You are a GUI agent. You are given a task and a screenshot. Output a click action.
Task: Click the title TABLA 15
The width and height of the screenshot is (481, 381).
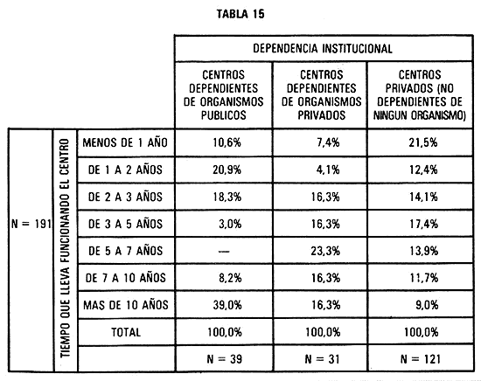click(x=240, y=14)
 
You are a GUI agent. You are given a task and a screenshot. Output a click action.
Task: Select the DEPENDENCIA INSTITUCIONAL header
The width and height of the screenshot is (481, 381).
click(x=323, y=49)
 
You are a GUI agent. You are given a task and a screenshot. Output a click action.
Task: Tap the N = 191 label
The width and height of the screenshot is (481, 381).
click(x=31, y=224)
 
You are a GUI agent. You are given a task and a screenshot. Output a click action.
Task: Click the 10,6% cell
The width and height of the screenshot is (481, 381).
click(x=227, y=142)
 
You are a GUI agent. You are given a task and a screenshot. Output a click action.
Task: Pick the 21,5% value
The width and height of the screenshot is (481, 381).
click(x=423, y=142)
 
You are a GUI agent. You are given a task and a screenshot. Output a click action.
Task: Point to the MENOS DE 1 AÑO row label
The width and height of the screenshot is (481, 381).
click(x=125, y=142)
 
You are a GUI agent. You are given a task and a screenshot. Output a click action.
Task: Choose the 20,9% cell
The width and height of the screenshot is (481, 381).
click(x=227, y=170)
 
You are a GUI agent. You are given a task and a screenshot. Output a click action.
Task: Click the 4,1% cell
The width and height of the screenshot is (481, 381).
click(x=328, y=170)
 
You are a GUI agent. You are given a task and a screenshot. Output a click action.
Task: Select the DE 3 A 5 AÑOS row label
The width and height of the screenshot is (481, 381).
click(x=125, y=224)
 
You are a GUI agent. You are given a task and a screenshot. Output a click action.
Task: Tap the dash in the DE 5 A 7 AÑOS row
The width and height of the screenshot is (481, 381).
click(x=224, y=252)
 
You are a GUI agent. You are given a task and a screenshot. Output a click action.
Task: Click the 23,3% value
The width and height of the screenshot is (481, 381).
click(x=325, y=251)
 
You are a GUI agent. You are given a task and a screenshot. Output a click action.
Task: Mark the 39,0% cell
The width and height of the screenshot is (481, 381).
click(x=227, y=305)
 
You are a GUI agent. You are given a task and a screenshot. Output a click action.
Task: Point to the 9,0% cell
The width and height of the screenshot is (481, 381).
click(x=427, y=305)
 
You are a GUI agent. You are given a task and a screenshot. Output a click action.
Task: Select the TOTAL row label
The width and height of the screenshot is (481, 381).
click(x=126, y=332)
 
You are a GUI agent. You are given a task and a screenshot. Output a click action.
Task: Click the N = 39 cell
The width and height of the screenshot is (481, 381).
click(x=225, y=359)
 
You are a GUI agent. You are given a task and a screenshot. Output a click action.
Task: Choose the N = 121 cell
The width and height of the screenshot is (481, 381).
click(x=421, y=359)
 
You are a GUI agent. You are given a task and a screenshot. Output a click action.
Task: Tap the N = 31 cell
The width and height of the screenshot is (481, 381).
click(x=322, y=359)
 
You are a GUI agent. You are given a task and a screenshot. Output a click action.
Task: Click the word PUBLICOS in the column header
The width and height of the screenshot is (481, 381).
click(x=224, y=115)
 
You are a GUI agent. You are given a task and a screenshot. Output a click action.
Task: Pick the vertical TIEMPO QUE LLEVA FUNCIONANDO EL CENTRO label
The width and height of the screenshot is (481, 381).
click(x=66, y=248)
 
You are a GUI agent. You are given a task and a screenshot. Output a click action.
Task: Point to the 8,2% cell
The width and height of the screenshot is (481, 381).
click(x=230, y=278)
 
